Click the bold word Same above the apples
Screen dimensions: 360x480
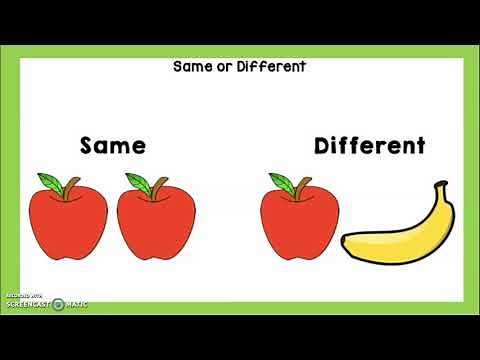click(113, 146)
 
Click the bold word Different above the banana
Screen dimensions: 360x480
click(370, 146)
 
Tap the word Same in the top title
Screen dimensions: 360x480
click(191, 67)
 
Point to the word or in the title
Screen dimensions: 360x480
click(223, 67)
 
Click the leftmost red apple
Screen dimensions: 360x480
click(67, 222)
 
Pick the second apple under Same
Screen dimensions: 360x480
click(156, 222)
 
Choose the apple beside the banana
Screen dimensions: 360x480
click(297, 222)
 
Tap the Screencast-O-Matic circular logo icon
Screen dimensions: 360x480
click(58, 303)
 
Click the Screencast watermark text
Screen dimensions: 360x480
click(28, 303)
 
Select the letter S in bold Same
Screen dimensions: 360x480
click(88, 146)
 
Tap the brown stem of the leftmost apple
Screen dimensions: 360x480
click(69, 184)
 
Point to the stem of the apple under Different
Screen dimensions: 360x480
click(299, 184)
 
